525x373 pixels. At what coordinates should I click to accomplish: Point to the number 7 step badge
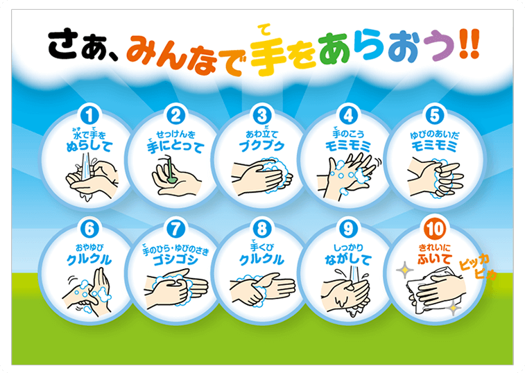pos(175,228)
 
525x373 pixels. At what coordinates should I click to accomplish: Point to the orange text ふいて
pos(434,260)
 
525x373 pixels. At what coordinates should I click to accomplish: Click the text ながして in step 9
pos(348,260)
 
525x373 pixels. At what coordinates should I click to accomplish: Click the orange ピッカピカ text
pos(478,266)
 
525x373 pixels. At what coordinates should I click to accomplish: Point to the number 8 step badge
pos(261,228)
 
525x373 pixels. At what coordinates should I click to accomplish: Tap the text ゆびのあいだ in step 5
pos(436,132)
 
